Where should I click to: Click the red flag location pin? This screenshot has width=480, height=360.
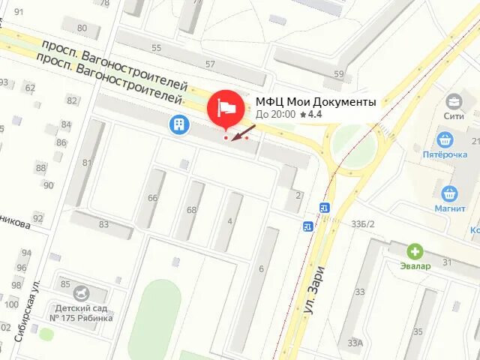coord(226,109)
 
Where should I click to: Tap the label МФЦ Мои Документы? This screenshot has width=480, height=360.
coord(316,102)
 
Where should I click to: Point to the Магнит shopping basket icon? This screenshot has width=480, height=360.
coord(450,193)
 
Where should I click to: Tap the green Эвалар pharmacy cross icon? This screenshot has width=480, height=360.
coord(414,250)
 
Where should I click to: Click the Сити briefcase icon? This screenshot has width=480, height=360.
coord(454,100)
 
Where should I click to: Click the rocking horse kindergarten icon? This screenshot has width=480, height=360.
coord(82,291)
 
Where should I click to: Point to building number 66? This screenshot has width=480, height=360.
coord(152,198)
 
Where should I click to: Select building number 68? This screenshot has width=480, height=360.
coord(191,210)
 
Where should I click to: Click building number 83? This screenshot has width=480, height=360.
coord(103,224)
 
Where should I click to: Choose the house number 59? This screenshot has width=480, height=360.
coord(339,74)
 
